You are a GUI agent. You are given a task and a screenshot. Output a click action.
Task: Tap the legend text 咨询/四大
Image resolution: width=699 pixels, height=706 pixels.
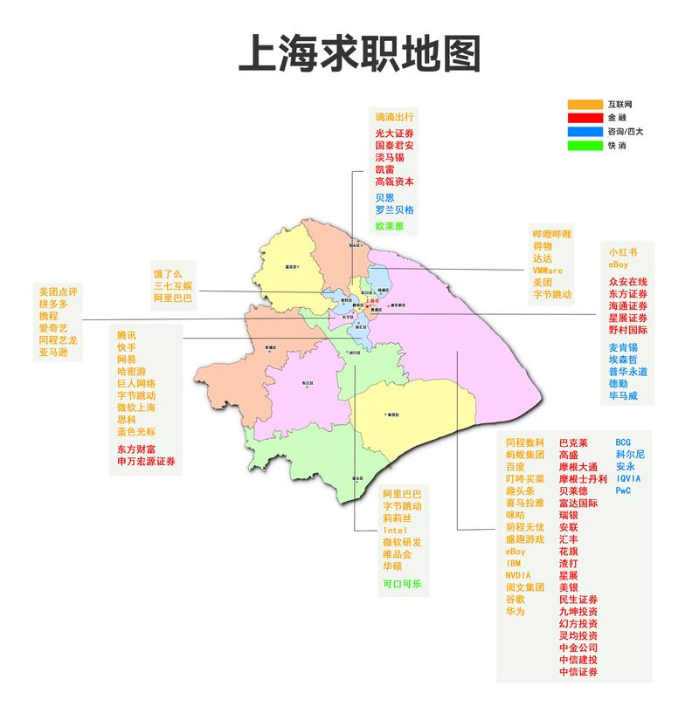[x=626, y=132]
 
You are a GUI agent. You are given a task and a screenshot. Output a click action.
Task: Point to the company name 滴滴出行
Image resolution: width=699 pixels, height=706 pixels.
[x=394, y=116]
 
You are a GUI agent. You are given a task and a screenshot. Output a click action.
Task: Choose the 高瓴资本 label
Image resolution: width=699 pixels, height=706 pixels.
[x=394, y=182]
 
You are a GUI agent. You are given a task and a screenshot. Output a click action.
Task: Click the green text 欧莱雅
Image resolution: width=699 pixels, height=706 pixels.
[x=391, y=225]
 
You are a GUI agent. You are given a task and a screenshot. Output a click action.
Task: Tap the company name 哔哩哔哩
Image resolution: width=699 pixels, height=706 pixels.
[x=552, y=234]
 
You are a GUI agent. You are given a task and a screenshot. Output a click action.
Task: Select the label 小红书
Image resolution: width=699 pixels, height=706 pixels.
[x=623, y=252]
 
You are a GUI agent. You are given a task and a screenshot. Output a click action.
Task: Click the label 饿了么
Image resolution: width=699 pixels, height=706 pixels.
[x=170, y=273]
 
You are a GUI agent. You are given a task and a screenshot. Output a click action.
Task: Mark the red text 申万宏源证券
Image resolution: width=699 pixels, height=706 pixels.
[x=146, y=461]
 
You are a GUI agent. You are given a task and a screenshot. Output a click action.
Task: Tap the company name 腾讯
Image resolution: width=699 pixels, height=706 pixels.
[x=127, y=334]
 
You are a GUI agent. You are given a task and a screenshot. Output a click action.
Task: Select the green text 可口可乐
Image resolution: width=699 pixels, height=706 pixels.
[x=402, y=584]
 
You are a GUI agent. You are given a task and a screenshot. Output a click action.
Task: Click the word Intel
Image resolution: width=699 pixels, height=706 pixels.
[x=394, y=530]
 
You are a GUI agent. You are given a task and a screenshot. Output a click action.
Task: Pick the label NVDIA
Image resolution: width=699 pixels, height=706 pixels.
[x=518, y=575]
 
